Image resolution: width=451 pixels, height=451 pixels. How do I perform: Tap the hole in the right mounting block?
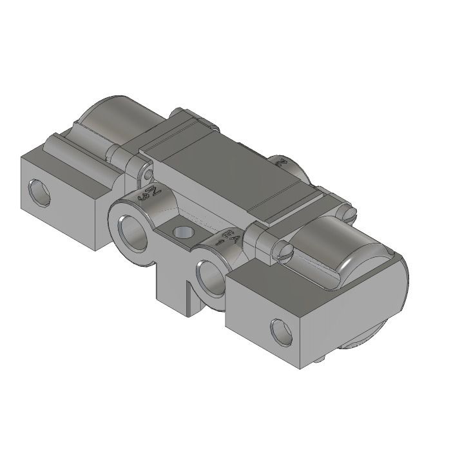(282, 331)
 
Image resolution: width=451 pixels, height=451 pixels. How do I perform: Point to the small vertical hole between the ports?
(183, 231)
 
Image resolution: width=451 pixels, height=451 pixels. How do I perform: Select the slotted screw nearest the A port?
(284, 248)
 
